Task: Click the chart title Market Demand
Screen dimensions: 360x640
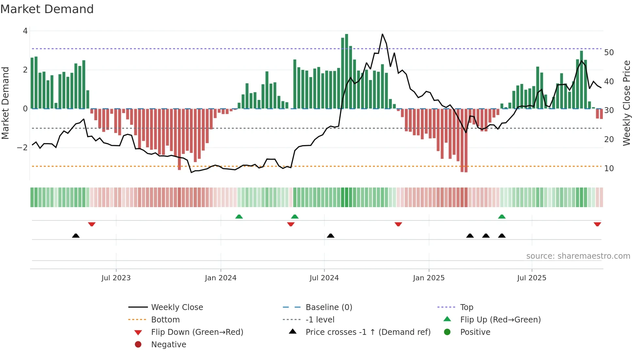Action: coord(47,9)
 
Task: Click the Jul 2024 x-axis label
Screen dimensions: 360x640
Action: coord(324,278)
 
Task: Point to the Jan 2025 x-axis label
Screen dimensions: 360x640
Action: coord(428,278)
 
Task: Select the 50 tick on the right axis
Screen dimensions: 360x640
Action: coord(609,53)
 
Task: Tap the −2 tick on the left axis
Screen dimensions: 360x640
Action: coord(22,147)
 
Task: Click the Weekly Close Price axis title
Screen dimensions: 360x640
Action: coord(626,103)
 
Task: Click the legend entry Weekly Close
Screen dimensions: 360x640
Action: coord(177,307)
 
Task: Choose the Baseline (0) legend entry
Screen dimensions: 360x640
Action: coord(328,307)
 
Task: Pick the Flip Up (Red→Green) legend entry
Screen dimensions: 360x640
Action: coord(500,320)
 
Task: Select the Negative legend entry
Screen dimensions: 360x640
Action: coord(168,345)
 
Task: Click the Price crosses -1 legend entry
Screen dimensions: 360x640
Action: coord(368,332)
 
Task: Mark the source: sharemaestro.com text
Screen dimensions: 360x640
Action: coord(578,256)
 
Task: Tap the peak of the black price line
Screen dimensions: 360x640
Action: coord(382,34)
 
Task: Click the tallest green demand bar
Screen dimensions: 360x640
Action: coord(346,71)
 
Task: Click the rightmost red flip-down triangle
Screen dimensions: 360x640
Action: coord(597,224)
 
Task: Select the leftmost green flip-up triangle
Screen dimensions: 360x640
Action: coord(239,217)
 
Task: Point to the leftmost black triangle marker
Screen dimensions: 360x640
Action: coord(76,236)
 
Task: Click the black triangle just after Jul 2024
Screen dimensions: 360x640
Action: coord(330,236)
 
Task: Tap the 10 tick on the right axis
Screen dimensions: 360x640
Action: coord(609,169)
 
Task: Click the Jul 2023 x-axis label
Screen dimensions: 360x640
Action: coord(116,278)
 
